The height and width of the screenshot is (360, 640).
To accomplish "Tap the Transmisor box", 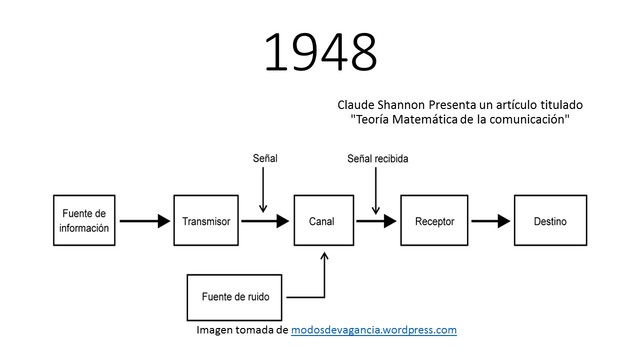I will point(208,221).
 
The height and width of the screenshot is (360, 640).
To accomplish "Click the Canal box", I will point(322,221).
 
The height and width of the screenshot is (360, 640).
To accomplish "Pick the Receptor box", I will point(434,221).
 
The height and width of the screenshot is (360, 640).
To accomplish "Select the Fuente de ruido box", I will point(236,296).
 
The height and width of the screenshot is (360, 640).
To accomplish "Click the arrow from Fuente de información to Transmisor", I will point(145,221).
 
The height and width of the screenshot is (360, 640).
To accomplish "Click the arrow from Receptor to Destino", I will point(489,221).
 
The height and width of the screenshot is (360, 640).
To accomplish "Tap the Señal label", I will point(263,158).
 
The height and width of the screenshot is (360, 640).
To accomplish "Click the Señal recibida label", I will point(377,158).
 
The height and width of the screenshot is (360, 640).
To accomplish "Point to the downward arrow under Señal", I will point(263,190).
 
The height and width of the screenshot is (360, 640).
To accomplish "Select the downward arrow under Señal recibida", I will point(375,190).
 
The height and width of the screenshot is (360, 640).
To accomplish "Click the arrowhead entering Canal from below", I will point(324,256).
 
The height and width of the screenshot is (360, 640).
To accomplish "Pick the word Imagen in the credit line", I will point(216,329).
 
